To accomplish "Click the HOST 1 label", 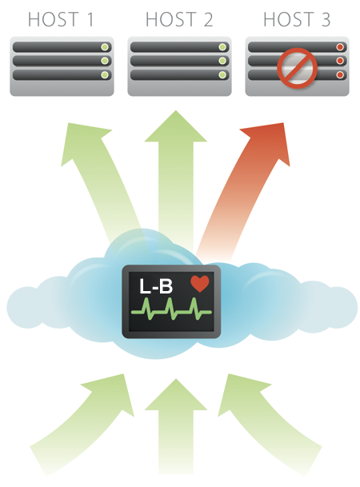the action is [61, 19].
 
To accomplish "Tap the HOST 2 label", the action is [179, 19].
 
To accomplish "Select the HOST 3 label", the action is [297, 19].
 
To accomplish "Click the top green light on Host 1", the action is [105, 47].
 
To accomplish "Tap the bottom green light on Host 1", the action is [105, 75].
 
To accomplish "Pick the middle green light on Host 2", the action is [222, 61].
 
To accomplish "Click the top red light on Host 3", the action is [340, 47].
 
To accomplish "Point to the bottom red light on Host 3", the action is [340, 75].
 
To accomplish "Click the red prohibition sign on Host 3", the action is [298, 68].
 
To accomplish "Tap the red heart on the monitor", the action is [200, 283].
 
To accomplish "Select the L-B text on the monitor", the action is [156, 286].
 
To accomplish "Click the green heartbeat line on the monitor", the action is [171, 309].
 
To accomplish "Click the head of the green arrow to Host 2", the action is [176, 126].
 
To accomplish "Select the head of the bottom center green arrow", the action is [176, 395].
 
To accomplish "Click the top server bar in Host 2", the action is [179, 47].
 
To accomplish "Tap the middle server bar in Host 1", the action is [62, 61].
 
